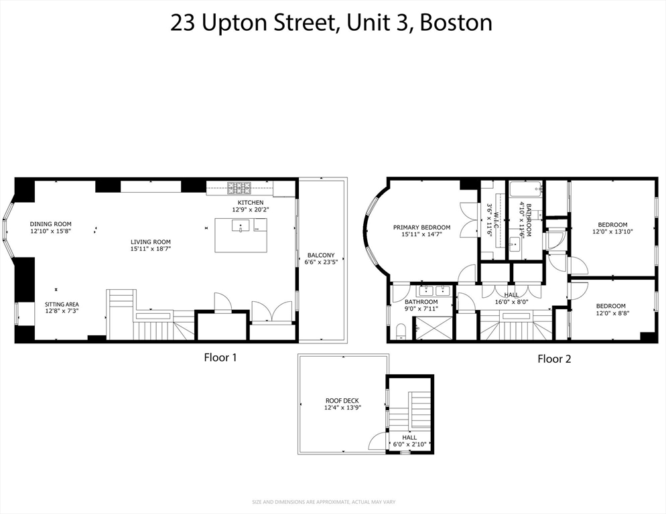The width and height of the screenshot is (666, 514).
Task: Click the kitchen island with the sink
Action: [x=241, y=235]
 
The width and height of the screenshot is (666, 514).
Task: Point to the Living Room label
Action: [x=150, y=242]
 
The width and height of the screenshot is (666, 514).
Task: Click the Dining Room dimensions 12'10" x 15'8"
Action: [x=50, y=231]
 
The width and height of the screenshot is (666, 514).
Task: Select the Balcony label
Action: [x=321, y=255]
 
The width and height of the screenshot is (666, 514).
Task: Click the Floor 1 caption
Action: [x=220, y=357]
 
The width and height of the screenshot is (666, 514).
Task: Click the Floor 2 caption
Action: [x=554, y=359]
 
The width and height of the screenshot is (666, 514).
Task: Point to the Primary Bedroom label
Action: [x=421, y=228]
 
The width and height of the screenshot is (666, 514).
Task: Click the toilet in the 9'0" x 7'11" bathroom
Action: [x=401, y=331]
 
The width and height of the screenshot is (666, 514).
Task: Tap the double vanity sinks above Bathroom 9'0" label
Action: [x=435, y=290]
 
